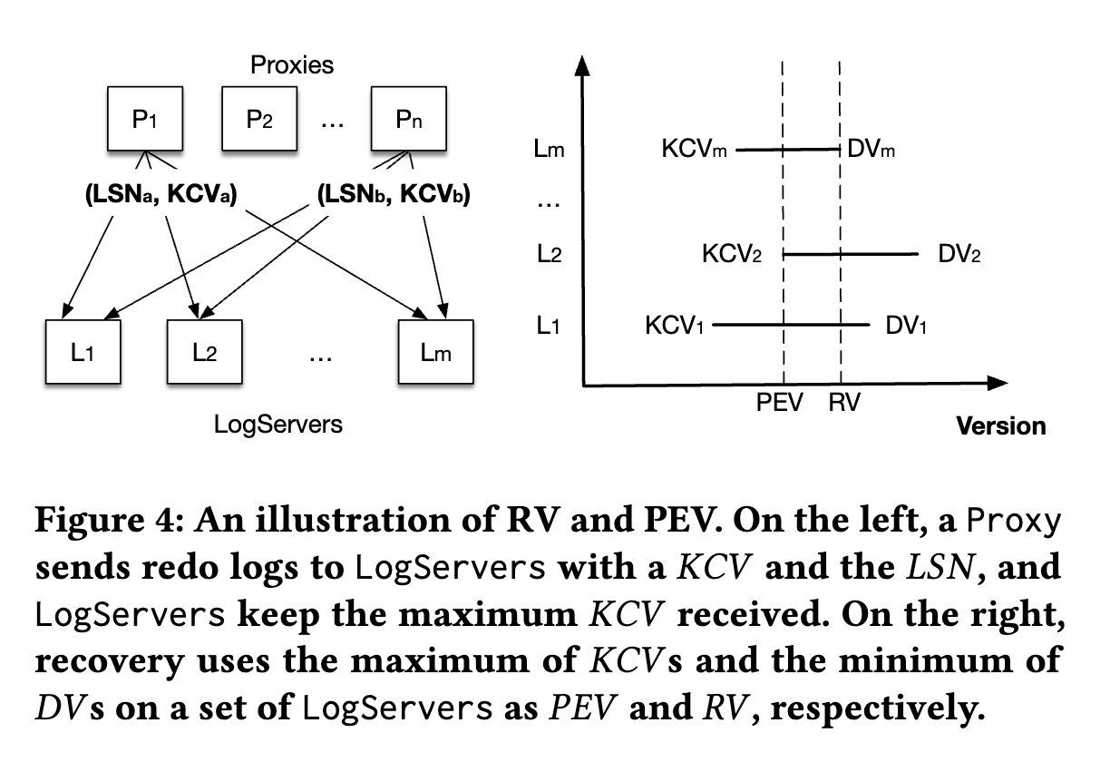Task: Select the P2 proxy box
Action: [260, 120]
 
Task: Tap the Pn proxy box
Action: [408, 120]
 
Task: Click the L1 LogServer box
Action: [83, 352]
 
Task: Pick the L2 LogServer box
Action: [204, 352]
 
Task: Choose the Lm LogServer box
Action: [436, 352]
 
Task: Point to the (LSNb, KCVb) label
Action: [394, 194]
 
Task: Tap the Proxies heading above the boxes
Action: [292, 65]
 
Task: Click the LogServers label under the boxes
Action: [278, 424]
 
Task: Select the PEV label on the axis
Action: [780, 404]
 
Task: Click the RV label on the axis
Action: [844, 404]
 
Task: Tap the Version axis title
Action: [1001, 425]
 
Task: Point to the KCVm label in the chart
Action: [696, 151]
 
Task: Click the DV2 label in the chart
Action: [959, 254]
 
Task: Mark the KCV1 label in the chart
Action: [675, 324]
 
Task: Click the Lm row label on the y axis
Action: [550, 151]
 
